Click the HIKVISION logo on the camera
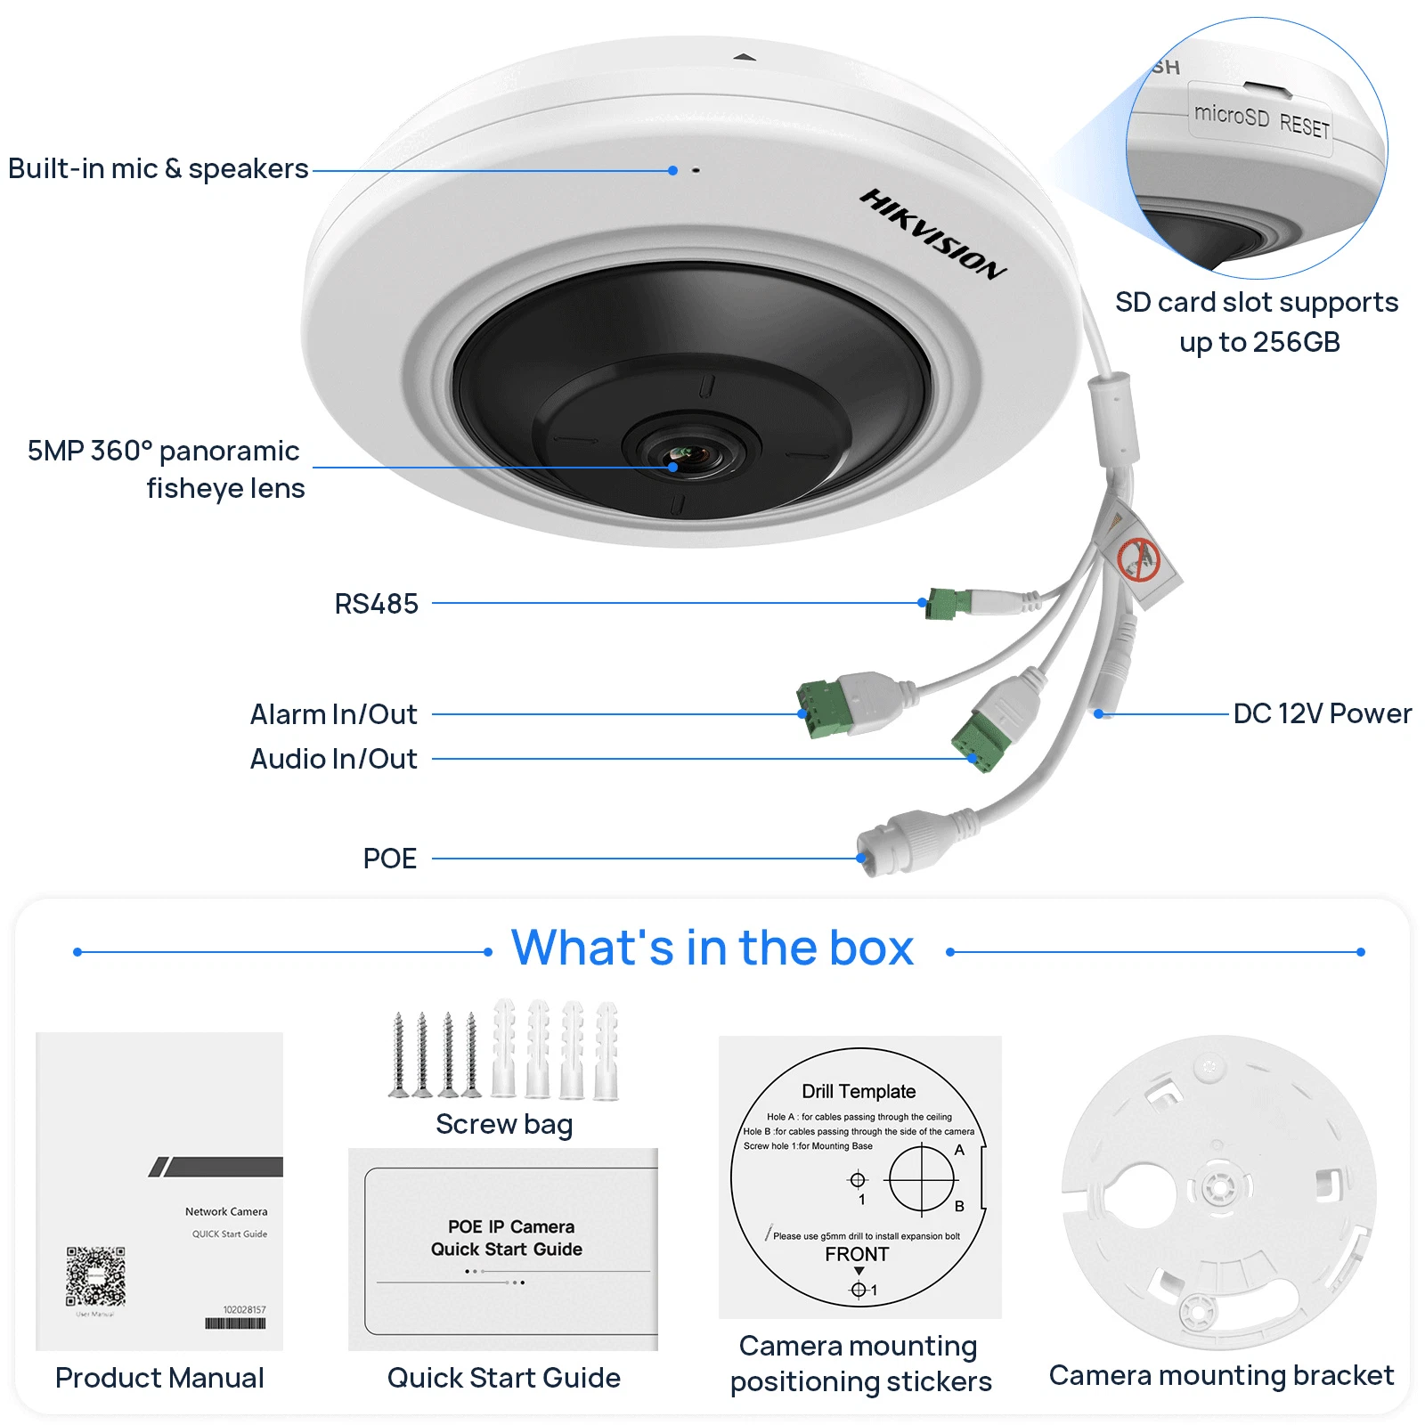click(932, 233)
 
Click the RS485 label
click(376, 604)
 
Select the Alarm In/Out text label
click(333, 714)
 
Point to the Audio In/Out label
click(333, 759)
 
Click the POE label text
click(389, 859)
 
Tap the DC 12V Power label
click(1322, 713)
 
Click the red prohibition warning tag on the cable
click(1138, 559)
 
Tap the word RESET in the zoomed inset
click(1304, 126)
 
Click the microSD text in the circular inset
click(1231, 115)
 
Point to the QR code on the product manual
click(95, 1276)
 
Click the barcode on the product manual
click(235, 1323)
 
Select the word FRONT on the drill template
click(857, 1254)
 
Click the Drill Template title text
click(859, 1091)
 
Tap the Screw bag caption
click(504, 1124)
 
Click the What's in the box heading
click(712, 948)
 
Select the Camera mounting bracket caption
click(1221, 1375)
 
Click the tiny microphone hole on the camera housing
click(696, 170)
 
